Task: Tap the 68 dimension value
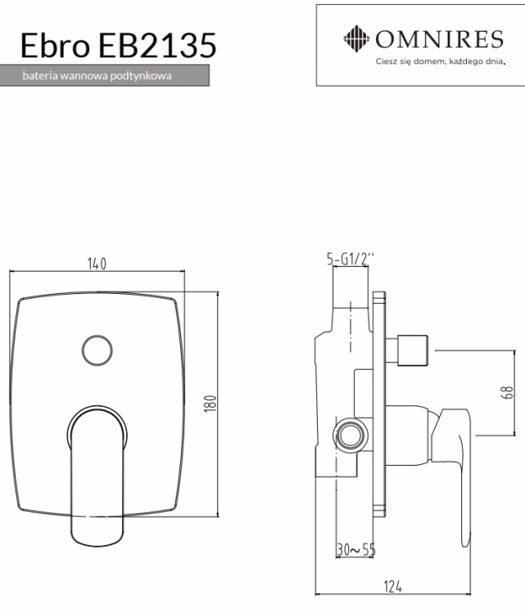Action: tap(506, 394)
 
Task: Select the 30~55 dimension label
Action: tap(355, 549)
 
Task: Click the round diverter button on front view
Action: tap(97, 350)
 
